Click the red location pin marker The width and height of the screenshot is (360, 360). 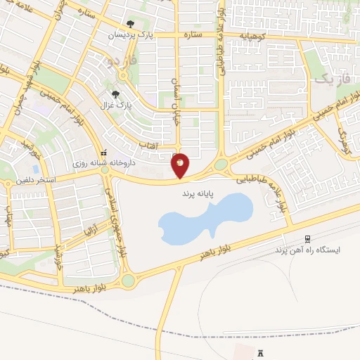(x=180, y=165)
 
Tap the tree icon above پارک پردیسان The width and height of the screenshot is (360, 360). (x=131, y=24)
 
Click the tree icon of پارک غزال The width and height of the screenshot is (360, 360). (x=115, y=94)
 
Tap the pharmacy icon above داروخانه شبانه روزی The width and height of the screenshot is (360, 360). (x=104, y=152)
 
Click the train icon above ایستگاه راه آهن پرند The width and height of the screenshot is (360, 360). (x=307, y=240)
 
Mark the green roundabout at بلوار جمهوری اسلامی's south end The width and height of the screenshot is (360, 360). (x=127, y=281)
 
